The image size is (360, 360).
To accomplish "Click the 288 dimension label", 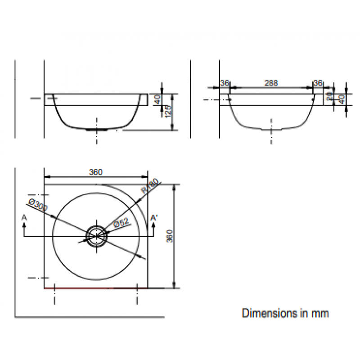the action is coord(271,83).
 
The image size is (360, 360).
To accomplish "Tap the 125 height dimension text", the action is coord(168,111).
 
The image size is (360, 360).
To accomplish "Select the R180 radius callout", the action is coord(150,186).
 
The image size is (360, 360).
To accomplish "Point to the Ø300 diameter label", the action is coord(38,205).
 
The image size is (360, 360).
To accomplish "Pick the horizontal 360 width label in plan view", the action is coord(95,172).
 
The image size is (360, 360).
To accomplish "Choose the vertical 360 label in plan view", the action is coord(170,236).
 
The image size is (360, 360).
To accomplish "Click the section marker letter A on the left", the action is coord(24,217).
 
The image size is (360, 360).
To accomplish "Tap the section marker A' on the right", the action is coord(154,217).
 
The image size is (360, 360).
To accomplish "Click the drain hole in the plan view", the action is coord(96,236).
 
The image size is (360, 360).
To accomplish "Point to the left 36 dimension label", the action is coord(225,83).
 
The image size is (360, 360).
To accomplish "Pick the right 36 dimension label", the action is coord(318,83).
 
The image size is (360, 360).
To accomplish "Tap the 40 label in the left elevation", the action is coord(157,99).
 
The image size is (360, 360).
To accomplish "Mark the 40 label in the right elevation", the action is coord(342,99).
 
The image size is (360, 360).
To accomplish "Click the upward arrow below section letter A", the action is coord(24,229).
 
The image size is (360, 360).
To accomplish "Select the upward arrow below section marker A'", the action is coord(153,229).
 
